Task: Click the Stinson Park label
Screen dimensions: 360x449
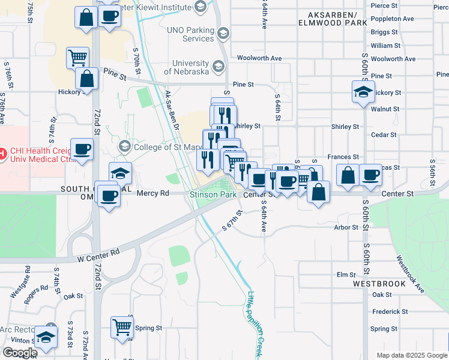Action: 212,194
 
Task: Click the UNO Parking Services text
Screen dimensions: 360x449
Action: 198,35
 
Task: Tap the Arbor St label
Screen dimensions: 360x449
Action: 346,227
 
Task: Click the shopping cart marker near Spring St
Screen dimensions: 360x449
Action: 122,327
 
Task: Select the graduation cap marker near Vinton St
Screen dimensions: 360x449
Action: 46,337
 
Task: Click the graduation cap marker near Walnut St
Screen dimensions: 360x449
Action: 363,92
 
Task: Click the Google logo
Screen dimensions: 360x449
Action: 20,353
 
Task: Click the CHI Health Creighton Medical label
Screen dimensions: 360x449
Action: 34,154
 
